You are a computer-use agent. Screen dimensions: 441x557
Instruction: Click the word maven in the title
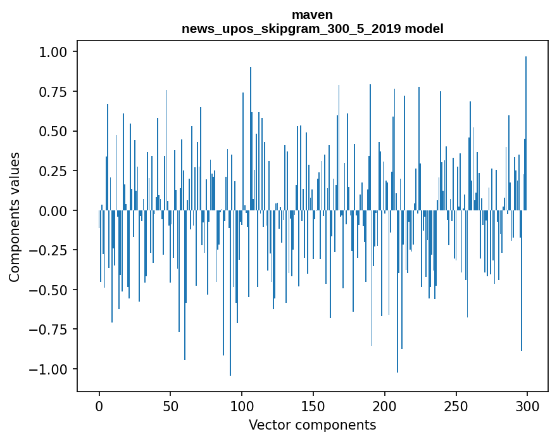tap(312, 15)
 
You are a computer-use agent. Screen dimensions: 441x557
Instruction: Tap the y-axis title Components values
tap(15, 217)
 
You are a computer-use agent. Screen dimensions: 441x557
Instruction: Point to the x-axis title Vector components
tap(312, 425)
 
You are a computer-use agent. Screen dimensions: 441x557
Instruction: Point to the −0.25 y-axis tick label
tap(51, 250)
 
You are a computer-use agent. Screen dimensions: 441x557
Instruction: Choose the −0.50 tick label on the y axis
tap(51, 290)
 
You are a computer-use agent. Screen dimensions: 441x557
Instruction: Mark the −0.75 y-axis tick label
tap(51, 329)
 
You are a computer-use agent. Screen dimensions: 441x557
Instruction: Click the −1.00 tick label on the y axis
tap(51, 369)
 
